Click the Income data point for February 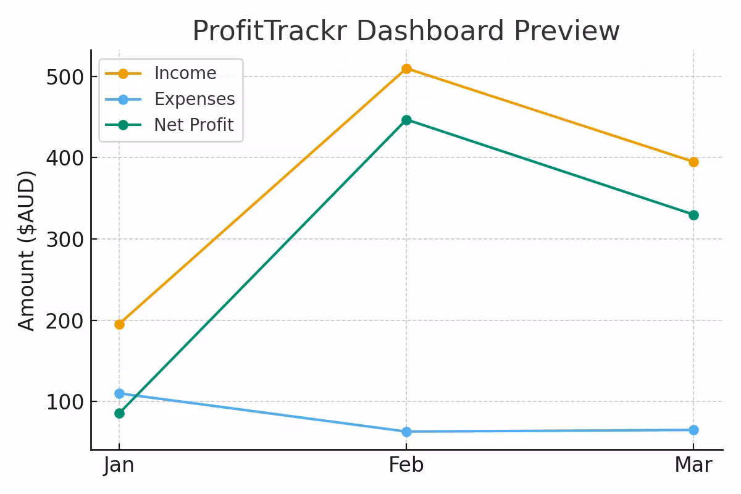[406, 69]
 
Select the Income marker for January [119, 324]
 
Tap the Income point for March [693, 162]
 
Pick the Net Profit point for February [406, 120]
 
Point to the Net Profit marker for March [693, 215]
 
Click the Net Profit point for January [119, 413]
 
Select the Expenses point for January [119, 393]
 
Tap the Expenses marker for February [406, 432]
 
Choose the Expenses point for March [693, 430]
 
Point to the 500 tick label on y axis [64, 77]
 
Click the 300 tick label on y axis [64, 240]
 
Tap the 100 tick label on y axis [64, 402]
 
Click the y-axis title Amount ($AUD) [27, 250]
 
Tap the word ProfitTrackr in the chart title [259, 31]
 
